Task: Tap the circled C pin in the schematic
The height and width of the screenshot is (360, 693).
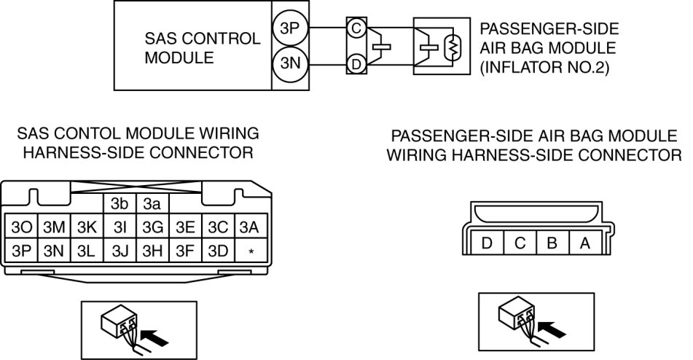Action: coord(356,28)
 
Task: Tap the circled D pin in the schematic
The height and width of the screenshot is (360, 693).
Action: coord(356,63)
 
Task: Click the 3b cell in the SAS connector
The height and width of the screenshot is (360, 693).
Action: coord(120,203)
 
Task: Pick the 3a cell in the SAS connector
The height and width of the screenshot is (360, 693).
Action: coord(152,203)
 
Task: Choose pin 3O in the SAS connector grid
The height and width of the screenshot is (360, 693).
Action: coord(20,226)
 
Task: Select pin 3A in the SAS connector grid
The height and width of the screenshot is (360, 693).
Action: coord(251,226)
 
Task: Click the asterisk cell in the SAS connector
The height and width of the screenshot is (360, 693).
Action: coord(251,251)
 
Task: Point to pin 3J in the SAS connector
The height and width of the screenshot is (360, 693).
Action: coord(120,251)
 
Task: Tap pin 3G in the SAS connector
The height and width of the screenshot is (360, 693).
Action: coord(152,226)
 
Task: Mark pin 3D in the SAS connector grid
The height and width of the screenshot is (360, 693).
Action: coord(218,251)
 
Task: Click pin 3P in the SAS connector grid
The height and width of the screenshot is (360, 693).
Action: coord(20,251)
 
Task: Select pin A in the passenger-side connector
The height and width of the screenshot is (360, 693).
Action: coord(584,243)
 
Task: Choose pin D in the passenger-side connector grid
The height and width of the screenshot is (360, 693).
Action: coord(487,243)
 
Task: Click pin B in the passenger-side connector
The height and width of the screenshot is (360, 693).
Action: coord(552,243)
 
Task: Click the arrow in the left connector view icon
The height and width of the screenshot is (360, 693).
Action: coord(151,336)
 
